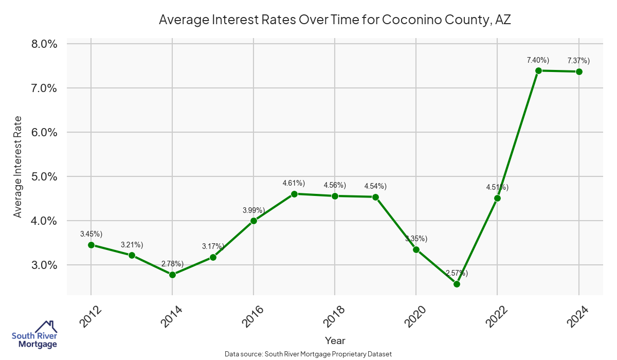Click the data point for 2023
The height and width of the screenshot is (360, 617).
point(538,70)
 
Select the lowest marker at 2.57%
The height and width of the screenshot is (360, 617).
point(457,284)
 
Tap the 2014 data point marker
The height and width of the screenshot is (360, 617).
point(172,275)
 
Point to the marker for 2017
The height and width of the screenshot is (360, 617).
point(294,194)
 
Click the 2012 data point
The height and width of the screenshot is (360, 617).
point(91,245)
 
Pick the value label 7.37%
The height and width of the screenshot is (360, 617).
point(578,61)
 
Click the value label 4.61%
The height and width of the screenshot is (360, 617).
point(294,183)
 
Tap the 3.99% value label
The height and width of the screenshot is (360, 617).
point(253,210)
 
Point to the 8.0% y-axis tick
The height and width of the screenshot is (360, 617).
point(44,44)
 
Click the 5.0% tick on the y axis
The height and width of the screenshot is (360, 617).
point(44,176)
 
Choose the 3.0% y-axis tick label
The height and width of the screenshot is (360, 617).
point(44,265)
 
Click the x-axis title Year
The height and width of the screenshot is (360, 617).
point(335,340)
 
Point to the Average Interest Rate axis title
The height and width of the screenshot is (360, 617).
point(18,167)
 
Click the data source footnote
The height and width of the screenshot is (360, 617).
point(308,354)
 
